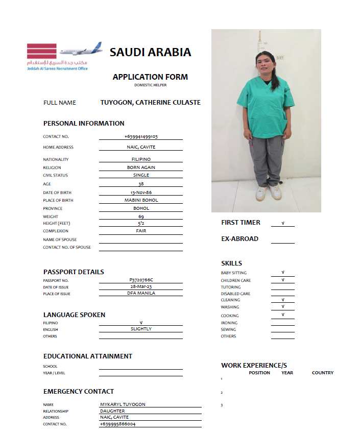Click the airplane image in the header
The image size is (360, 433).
pyautogui.click(x=81, y=50)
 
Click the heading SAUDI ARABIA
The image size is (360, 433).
pyautogui.click(x=150, y=52)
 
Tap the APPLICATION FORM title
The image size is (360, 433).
pyautogui.click(x=150, y=77)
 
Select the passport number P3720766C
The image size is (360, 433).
pyautogui.click(x=141, y=280)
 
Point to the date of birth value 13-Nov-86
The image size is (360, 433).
pyautogui.click(x=141, y=193)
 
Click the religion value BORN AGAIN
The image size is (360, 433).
pyautogui.click(x=141, y=167)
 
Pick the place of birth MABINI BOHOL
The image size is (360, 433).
pyautogui.click(x=141, y=200)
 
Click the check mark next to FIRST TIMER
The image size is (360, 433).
pyautogui.click(x=282, y=223)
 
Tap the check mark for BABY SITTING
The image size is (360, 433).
pyautogui.click(x=282, y=273)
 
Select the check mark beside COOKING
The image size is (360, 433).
pyautogui.click(x=282, y=315)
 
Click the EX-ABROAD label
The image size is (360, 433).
pyautogui.click(x=239, y=238)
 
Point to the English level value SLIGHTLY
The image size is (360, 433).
pyautogui.click(x=141, y=329)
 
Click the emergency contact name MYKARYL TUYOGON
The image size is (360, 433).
pyautogui.click(x=123, y=404)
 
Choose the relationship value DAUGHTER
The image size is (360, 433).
pyautogui.click(x=112, y=411)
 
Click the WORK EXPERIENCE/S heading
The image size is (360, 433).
pyautogui.click(x=254, y=366)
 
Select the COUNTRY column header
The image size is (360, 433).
pyautogui.click(x=322, y=373)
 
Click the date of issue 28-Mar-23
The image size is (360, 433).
pyautogui.click(x=141, y=286)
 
